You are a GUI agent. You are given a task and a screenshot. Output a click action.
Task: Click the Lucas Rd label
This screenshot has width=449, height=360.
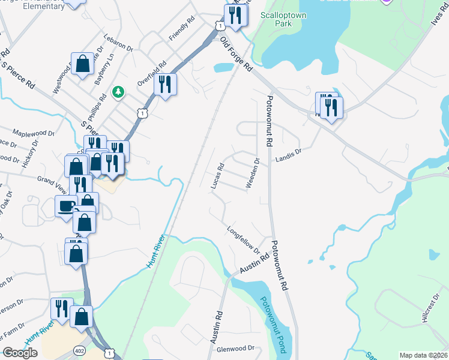point(217,176)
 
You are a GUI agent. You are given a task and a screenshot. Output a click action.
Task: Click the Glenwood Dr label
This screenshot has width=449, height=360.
point(236,348)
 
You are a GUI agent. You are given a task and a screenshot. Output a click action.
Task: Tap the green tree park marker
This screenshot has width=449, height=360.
point(119,92)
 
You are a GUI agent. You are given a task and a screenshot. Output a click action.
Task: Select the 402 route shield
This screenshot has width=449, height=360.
point(79,349)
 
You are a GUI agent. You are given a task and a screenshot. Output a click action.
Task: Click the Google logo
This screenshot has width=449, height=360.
point(20,353)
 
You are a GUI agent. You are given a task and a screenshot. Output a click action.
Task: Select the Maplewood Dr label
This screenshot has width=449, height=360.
point(33,133)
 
